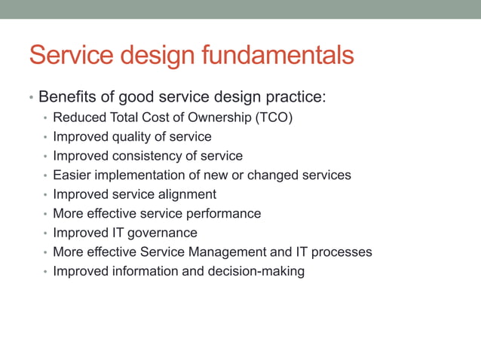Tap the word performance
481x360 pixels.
coord(224,213)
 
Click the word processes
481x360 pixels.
coord(344,252)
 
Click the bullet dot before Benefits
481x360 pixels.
coord(31,99)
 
